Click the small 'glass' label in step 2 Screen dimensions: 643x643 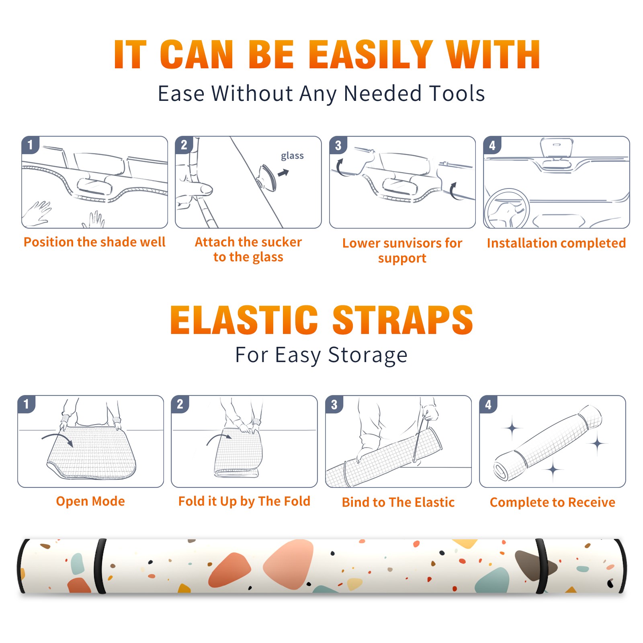click(292, 156)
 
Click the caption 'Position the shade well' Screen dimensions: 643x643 click(94, 242)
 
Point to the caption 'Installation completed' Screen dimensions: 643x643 click(556, 243)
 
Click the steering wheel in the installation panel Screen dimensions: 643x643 click(506, 209)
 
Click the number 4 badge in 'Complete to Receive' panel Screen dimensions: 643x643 click(488, 404)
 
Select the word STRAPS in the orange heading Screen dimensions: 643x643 click(403, 320)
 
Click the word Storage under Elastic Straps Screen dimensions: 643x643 click(368, 355)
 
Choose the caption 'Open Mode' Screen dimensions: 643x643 click(90, 501)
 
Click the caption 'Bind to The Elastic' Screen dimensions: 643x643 click(398, 502)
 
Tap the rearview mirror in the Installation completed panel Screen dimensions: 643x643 click(557, 147)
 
